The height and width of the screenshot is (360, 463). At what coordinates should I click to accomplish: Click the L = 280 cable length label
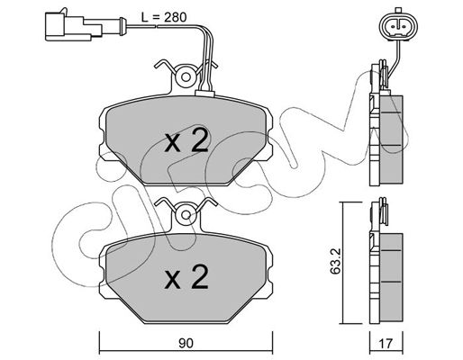pos(164,17)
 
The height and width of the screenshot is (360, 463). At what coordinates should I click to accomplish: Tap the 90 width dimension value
pos(186,344)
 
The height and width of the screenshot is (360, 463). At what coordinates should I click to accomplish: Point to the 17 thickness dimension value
pos(386,343)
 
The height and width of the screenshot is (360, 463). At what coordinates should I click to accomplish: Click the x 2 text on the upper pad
pos(186,139)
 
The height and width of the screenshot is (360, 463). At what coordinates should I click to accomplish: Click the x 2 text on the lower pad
pos(186,276)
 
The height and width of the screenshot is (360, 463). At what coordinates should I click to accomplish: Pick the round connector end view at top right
pos(398,26)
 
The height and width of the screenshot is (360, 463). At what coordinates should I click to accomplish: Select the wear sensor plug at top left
pos(74,27)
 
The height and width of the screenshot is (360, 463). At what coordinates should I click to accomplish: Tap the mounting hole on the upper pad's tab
pos(186,77)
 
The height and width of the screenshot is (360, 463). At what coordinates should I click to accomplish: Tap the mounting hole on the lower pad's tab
pos(186,215)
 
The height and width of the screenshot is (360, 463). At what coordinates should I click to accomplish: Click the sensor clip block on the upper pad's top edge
pos(204,94)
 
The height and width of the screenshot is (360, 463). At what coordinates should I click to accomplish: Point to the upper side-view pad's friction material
pos(392,139)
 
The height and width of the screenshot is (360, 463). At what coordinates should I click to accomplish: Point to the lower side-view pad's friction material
pos(392,278)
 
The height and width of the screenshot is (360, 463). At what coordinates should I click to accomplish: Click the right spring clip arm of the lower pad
pos(207,204)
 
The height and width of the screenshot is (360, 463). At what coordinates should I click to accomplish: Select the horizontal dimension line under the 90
pos(186,351)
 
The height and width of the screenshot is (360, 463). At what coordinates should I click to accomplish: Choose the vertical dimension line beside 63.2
pos(342,263)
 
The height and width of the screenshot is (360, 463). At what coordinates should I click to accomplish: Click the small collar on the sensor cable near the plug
pos(122,26)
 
